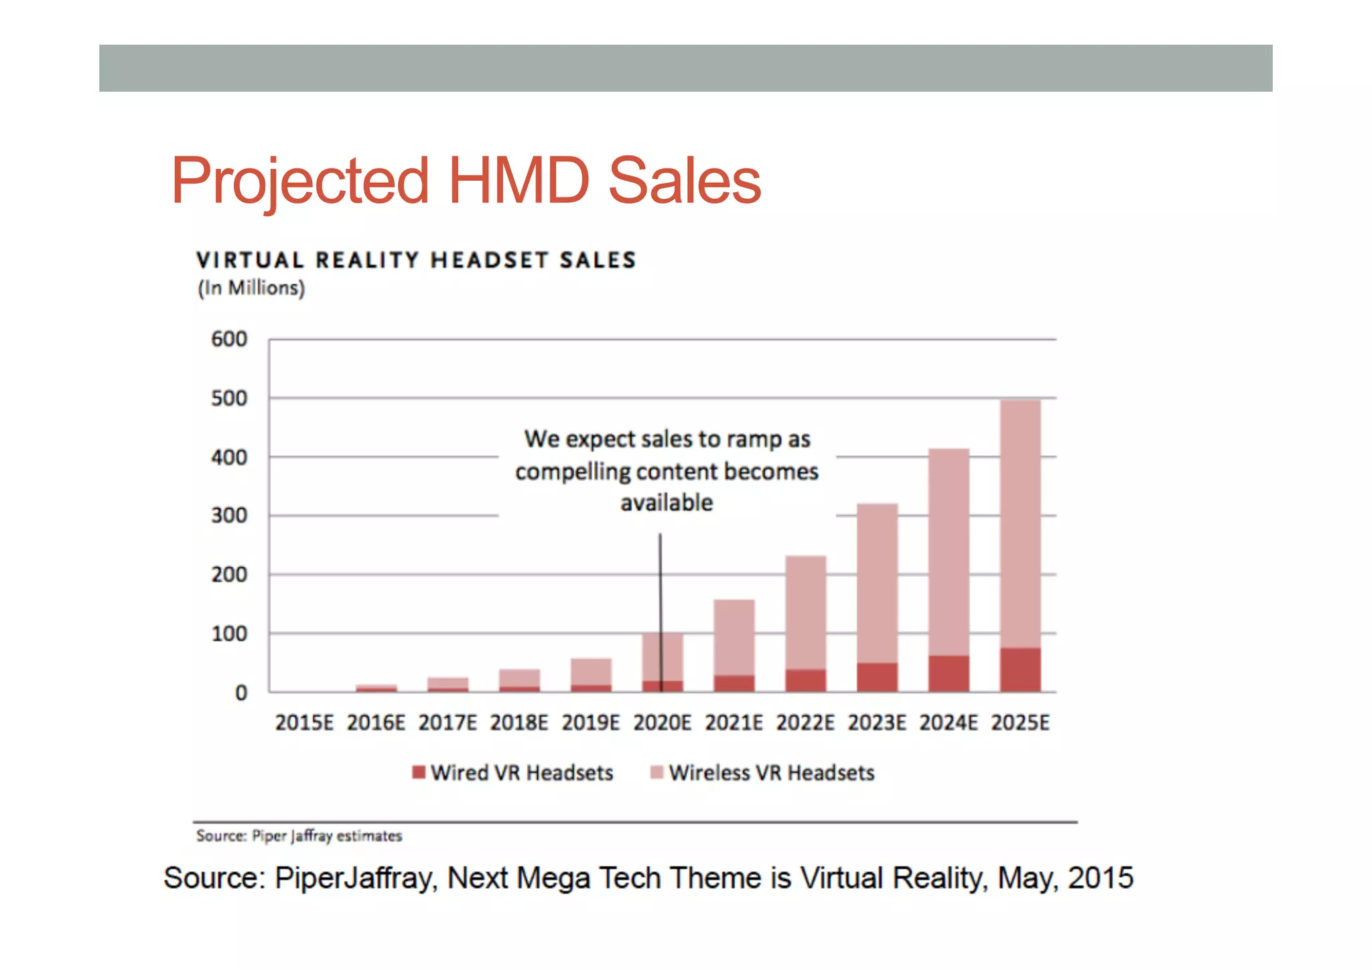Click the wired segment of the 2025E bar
1020,670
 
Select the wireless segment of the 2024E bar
948,552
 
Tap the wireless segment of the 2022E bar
805,613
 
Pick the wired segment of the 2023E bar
877,678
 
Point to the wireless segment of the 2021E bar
734,638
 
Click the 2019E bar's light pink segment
591,672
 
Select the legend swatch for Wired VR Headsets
419,772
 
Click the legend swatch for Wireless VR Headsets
657,772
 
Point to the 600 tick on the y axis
229,340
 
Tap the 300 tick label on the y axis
229,516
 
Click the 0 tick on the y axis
241,693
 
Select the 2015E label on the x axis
304,723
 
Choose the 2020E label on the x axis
662,723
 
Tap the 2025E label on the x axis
1020,723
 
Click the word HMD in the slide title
518,181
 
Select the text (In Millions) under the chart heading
251,288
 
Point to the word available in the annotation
667,502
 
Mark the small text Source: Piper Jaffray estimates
299,836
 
